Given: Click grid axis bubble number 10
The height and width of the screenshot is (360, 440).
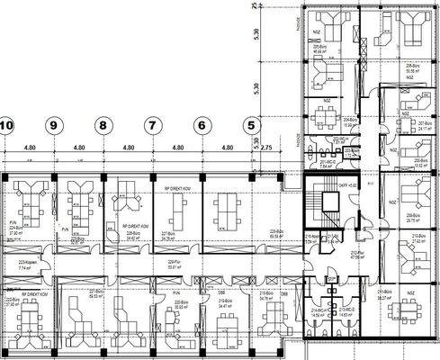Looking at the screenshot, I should coord(6,126).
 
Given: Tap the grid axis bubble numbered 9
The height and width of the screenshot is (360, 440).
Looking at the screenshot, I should coord(54,126).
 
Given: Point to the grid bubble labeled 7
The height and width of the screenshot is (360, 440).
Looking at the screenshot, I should coord(152,126).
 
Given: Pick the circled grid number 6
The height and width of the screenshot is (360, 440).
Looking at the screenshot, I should coord(202,126).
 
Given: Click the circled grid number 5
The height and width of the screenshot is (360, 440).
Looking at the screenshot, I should coord(250,126).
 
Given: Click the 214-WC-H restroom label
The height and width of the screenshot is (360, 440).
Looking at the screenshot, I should coord(318,312).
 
